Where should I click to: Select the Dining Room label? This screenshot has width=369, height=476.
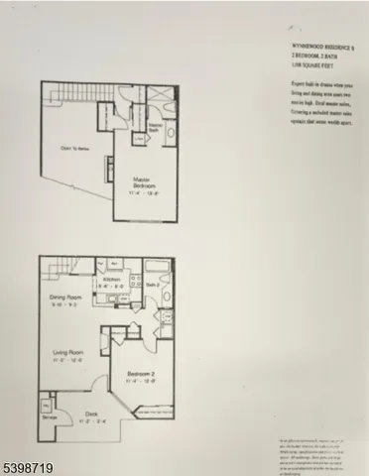pos(64,297)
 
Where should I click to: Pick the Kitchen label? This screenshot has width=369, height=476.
pos(113,281)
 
